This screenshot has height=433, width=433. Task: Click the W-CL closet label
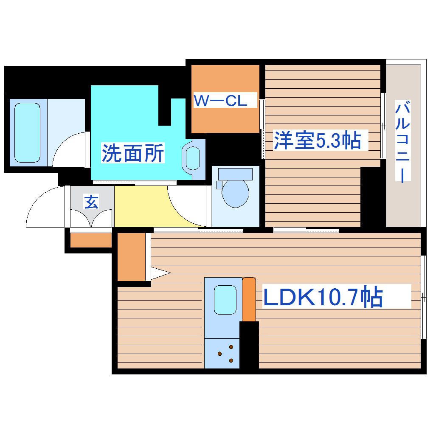[x=220, y=101]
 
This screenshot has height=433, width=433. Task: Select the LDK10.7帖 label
[x=323, y=298]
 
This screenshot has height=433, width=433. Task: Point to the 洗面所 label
[x=132, y=153]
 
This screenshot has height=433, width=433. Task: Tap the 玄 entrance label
[x=91, y=202]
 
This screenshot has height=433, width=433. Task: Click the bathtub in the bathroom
[x=28, y=133]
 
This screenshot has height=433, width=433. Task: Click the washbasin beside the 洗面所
[x=193, y=158]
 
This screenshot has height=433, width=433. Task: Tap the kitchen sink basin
[x=225, y=300]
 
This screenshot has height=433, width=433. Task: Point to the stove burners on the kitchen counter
[x=226, y=353]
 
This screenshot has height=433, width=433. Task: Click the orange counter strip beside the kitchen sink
[x=249, y=299]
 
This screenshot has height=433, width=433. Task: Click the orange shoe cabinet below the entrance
[x=90, y=240]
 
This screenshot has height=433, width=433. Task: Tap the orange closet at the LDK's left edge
[x=131, y=257]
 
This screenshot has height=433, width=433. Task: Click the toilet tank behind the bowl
[x=235, y=173]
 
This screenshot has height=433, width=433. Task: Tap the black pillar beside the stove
[x=249, y=345]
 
